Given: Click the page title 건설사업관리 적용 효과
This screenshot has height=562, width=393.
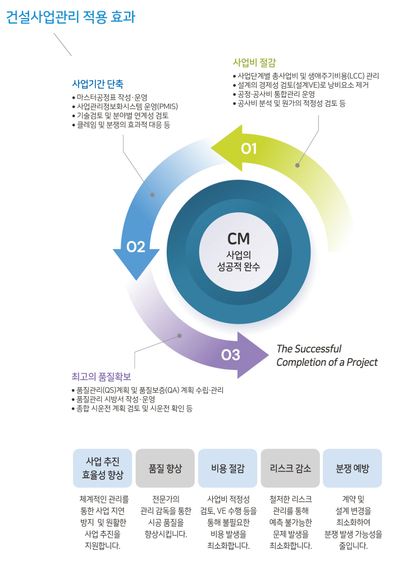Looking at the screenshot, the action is click(71, 17).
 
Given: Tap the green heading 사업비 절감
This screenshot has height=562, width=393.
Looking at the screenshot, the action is click(254, 63).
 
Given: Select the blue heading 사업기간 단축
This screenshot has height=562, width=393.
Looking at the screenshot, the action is click(98, 84).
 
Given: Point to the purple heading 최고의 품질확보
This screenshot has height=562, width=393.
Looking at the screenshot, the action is click(101, 377).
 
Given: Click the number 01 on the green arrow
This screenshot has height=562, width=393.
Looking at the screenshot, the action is click(249, 148).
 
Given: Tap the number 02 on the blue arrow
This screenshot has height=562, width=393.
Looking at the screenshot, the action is click(136, 247).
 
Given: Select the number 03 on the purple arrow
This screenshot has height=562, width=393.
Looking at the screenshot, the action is click(231, 355).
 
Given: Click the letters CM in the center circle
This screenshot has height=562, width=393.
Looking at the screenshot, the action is click(239, 239).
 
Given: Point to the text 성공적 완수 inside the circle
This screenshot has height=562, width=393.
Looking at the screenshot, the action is click(239, 266).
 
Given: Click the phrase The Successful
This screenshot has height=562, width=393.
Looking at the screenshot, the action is click(309, 349).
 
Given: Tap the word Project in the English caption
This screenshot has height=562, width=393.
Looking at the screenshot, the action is click(362, 362).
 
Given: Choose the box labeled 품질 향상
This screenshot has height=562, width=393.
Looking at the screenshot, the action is click(165, 468).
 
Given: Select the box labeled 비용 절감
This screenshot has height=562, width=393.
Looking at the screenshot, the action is click(227, 468).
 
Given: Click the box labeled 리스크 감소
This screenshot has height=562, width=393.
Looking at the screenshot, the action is click(290, 468).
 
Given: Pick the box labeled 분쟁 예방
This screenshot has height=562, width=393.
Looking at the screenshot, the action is click(352, 468).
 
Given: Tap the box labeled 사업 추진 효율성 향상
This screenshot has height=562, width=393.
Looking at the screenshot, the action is click(102, 468).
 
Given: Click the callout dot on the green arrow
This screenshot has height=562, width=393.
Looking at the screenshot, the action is click(298, 165).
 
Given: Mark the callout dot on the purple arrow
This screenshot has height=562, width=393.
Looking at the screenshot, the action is click(179, 336).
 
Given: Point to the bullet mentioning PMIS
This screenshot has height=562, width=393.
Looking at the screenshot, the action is click(125, 106).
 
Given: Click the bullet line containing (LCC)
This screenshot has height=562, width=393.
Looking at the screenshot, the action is click(306, 76).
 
